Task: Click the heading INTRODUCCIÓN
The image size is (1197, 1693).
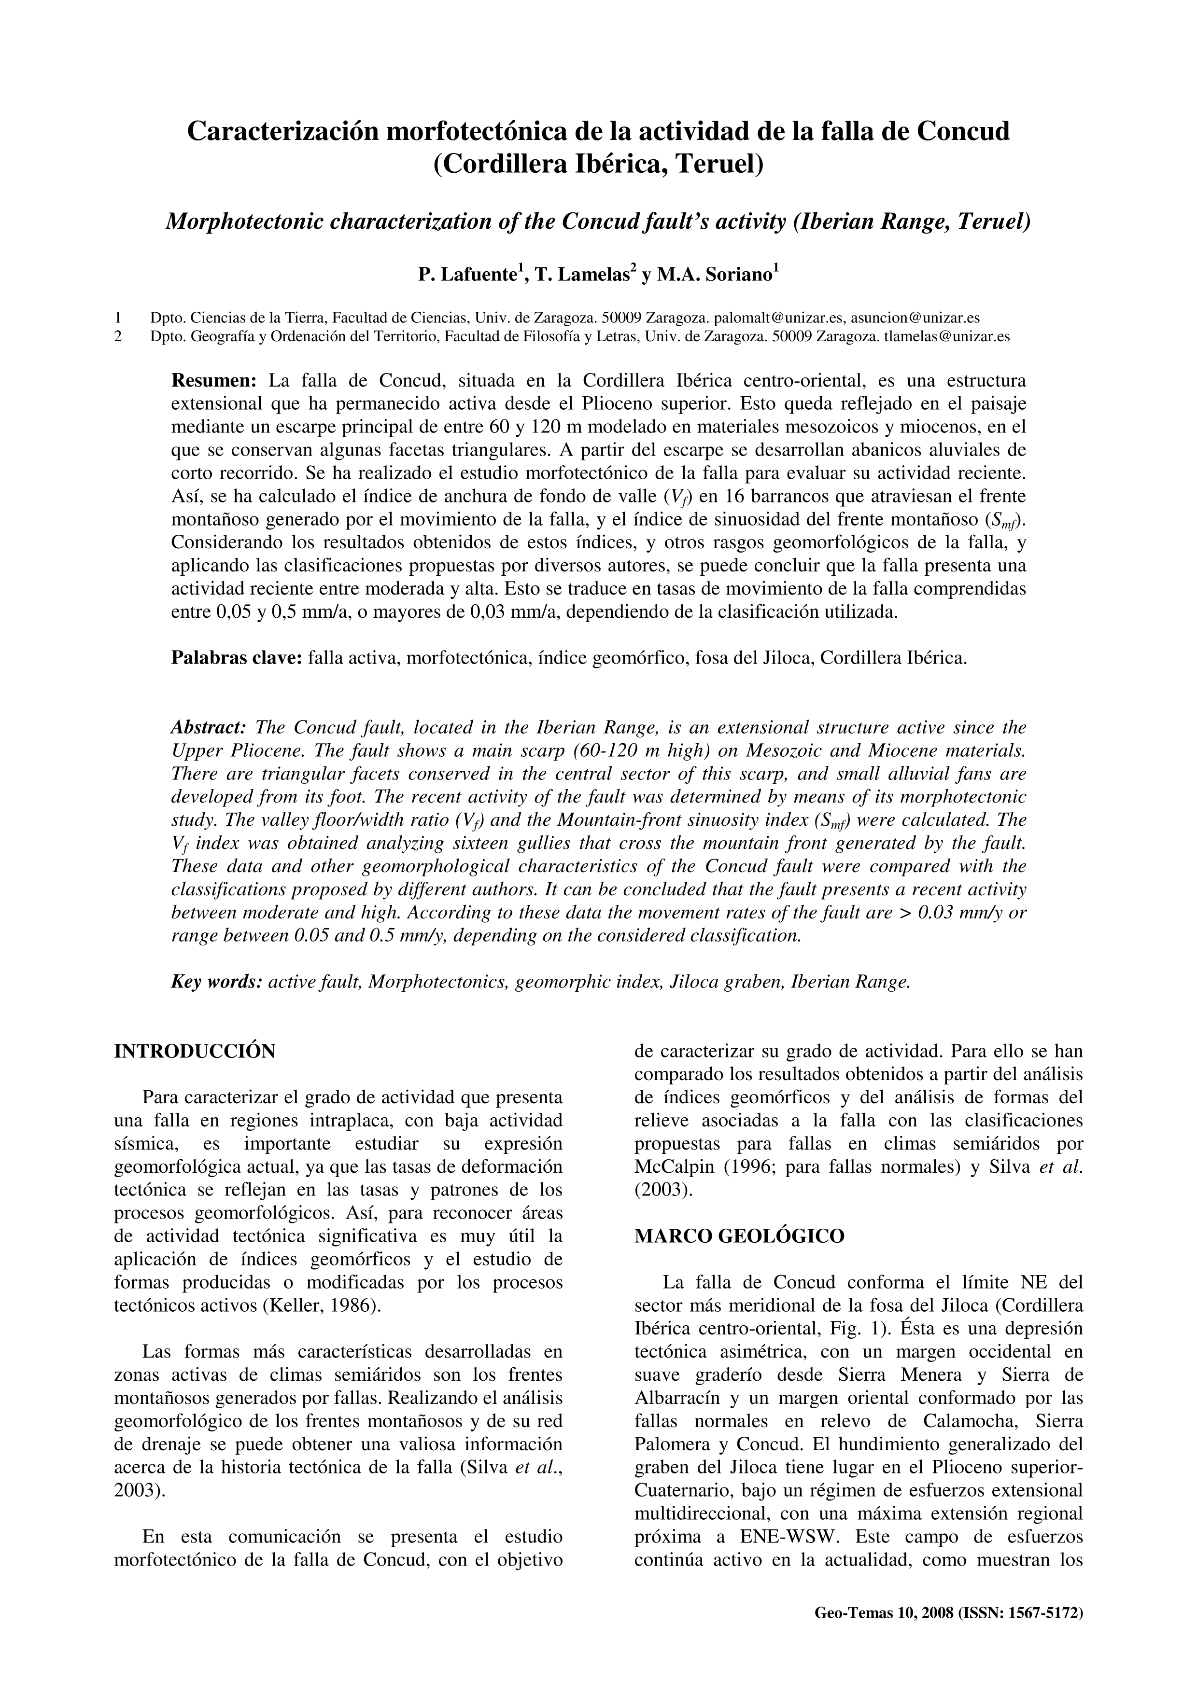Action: [195, 1051]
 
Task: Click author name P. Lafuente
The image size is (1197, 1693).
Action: [467, 275]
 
